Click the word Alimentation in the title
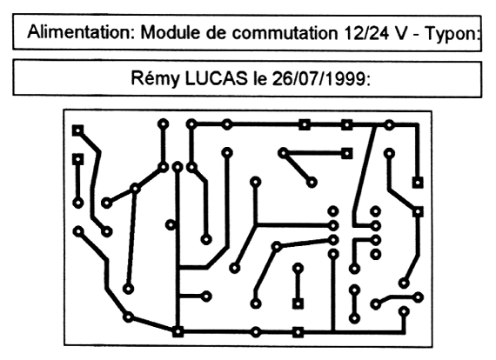pos(81,32)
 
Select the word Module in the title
pos(171,32)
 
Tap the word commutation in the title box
pos(285,33)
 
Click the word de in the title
pos(217,32)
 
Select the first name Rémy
pos(155,78)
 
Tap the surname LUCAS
pos(217,78)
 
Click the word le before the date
pos(260,79)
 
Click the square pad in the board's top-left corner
pos(77,130)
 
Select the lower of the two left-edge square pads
pos(77,159)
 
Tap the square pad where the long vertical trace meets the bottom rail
pos(178,331)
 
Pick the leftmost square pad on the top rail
pos(305,125)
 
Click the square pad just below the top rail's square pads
pos(347,154)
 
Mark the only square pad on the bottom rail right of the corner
pos(298,332)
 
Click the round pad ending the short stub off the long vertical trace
pos(206,297)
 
